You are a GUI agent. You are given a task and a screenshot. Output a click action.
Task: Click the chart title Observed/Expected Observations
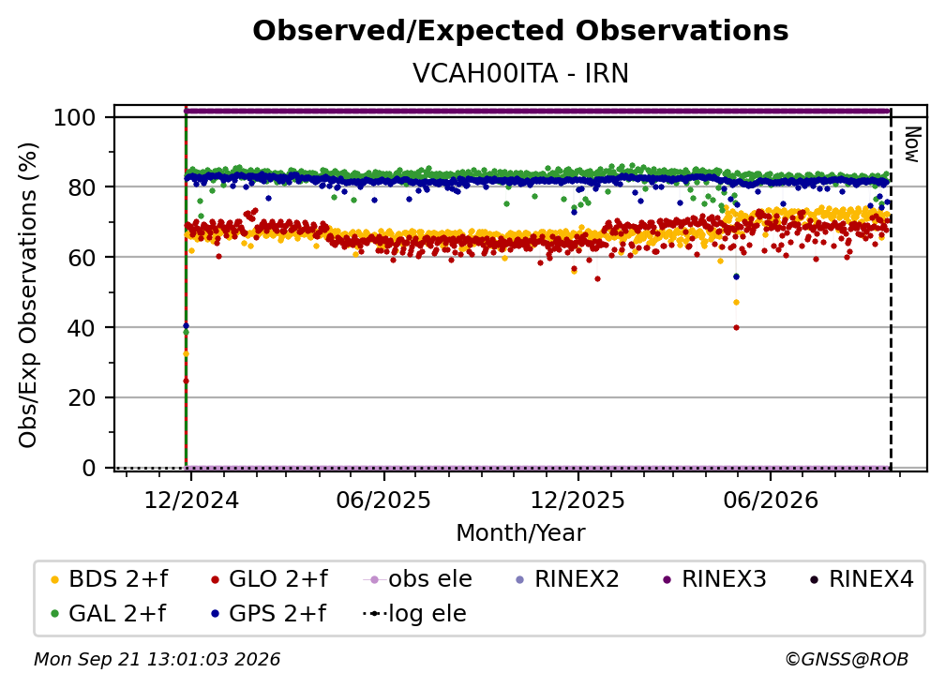pyautogui.click(x=520, y=31)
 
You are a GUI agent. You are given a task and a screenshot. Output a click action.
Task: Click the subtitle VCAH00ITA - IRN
pyautogui.click(x=520, y=73)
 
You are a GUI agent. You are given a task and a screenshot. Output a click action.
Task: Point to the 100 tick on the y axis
pyautogui.click(x=75, y=117)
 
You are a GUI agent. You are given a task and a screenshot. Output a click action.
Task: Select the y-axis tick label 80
pyautogui.click(x=82, y=187)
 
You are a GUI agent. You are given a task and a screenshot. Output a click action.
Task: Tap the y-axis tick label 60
pyautogui.click(x=82, y=258)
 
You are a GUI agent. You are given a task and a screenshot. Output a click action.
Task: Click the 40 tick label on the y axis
pyautogui.click(x=82, y=328)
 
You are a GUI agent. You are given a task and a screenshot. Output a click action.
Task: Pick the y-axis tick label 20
pyautogui.click(x=82, y=398)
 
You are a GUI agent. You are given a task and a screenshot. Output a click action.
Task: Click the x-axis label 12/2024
pyautogui.click(x=191, y=501)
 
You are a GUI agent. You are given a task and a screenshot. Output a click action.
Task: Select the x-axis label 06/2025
pyautogui.click(x=384, y=501)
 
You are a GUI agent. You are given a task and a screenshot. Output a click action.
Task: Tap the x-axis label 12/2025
pyautogui.click(x=577, y=501)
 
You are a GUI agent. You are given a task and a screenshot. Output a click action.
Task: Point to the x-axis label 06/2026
pyautogui.click(x=771, y=501)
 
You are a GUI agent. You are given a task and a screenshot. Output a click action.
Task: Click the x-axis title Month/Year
pyautogui.click(x=520, y=533)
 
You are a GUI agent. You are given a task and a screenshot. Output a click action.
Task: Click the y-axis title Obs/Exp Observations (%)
pyautogui.click(x=28, y=295)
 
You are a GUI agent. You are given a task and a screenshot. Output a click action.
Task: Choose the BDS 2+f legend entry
pyautogui.click(x=109, y=579)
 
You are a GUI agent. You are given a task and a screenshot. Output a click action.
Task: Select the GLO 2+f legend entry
pyautogui.click(x=269, y=579)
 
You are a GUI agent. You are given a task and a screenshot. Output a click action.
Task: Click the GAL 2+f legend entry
pyautogui.click(x=109, y=614)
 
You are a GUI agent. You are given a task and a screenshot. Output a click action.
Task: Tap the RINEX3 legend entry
pyautogui.click(x=714, y=579)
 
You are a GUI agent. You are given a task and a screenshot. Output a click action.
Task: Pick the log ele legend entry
pyautogui.click(x=415, y=614)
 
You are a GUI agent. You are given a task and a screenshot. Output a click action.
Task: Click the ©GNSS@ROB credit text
pyautogui.click(x=847, y=660)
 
